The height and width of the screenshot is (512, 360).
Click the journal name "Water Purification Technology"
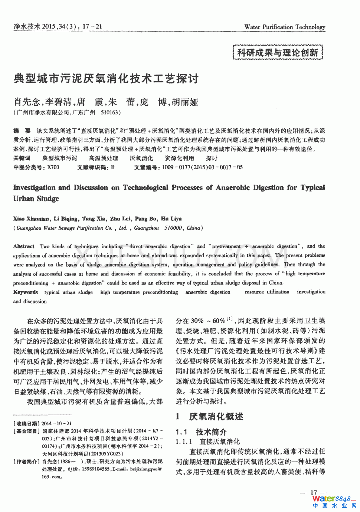tap(285, 27)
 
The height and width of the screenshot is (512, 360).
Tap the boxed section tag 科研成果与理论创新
tap(278, 52)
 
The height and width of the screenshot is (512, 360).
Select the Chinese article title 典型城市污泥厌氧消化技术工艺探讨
tap(106, 79)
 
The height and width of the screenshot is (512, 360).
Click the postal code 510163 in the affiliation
tap(110, 112)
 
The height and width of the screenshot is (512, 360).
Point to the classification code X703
tap(53, 167)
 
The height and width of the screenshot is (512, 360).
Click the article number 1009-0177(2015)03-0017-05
tap(202, 167)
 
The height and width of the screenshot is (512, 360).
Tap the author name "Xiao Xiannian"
tap(31, 219)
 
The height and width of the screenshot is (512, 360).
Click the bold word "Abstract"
tap(24, 246)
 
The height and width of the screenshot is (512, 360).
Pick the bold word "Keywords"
tap(25, 292)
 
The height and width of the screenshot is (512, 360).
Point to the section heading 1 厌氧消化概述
tap(209, 417)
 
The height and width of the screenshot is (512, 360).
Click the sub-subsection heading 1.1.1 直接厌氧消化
tap(208, 442)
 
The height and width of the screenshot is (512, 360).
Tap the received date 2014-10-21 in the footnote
tap(56, 423)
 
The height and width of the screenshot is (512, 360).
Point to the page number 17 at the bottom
tap(314, 493)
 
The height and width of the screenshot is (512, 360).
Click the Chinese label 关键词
tap(22, 158)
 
